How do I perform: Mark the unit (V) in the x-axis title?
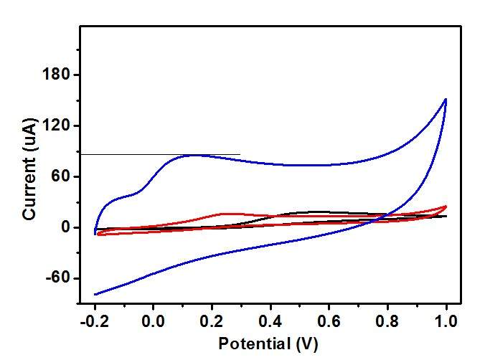point(306,344)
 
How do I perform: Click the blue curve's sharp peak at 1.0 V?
point(446,100)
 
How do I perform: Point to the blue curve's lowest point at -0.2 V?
point(95,294)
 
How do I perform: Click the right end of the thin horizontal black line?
point(240,154)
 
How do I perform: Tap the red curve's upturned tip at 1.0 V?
point(446,207)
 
